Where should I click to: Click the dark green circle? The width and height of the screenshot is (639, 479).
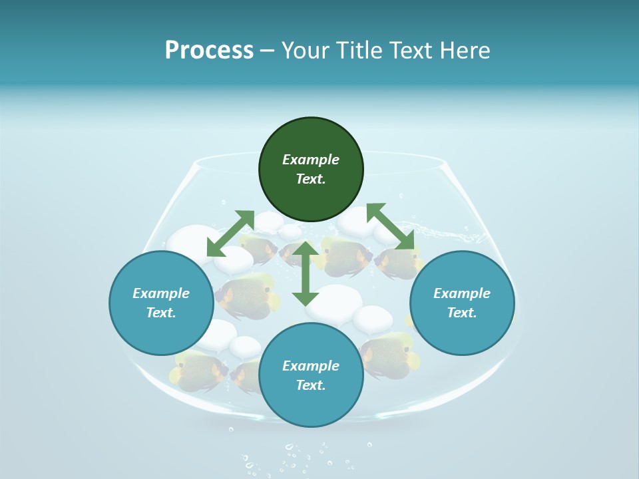311,170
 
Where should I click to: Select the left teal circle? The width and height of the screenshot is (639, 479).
161,303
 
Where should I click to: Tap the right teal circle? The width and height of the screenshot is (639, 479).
462,303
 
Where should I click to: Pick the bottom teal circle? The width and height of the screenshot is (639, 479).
311,376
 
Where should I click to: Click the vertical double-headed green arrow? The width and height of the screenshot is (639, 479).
306,273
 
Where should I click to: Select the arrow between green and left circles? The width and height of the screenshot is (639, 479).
230,234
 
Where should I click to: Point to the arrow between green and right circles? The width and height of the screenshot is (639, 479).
390,226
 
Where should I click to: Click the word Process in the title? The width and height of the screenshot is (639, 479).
209,50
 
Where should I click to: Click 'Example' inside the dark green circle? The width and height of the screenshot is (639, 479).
311,160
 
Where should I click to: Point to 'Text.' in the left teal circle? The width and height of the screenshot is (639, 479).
161,313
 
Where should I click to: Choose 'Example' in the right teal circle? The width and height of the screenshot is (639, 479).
462,293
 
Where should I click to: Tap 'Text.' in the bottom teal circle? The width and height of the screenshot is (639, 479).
311,385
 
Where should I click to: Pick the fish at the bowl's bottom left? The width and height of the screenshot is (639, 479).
199,369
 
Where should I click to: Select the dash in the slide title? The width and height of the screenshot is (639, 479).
268,50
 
